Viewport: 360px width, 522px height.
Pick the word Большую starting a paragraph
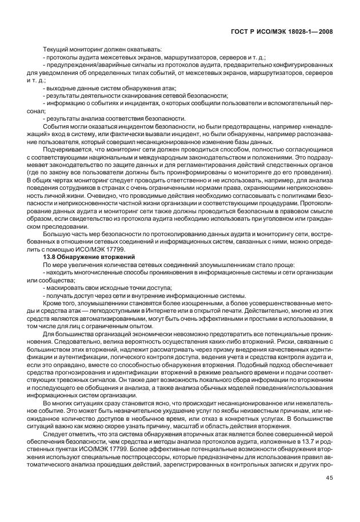coord(58,235)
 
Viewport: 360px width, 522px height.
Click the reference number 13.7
coord(306,444)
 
